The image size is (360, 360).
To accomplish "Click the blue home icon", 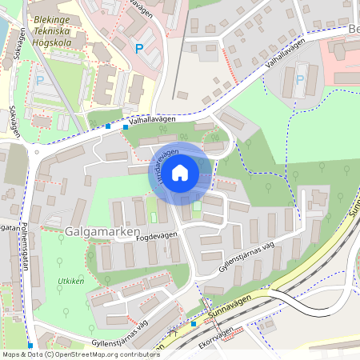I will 180,172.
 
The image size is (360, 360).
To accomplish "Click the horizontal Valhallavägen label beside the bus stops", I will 153,121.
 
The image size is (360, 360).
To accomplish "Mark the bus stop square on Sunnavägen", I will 193,324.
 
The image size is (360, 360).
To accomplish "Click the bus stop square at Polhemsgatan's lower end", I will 30,346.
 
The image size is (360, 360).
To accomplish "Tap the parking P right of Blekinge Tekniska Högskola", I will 138,49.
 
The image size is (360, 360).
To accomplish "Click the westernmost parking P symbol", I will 39,80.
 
